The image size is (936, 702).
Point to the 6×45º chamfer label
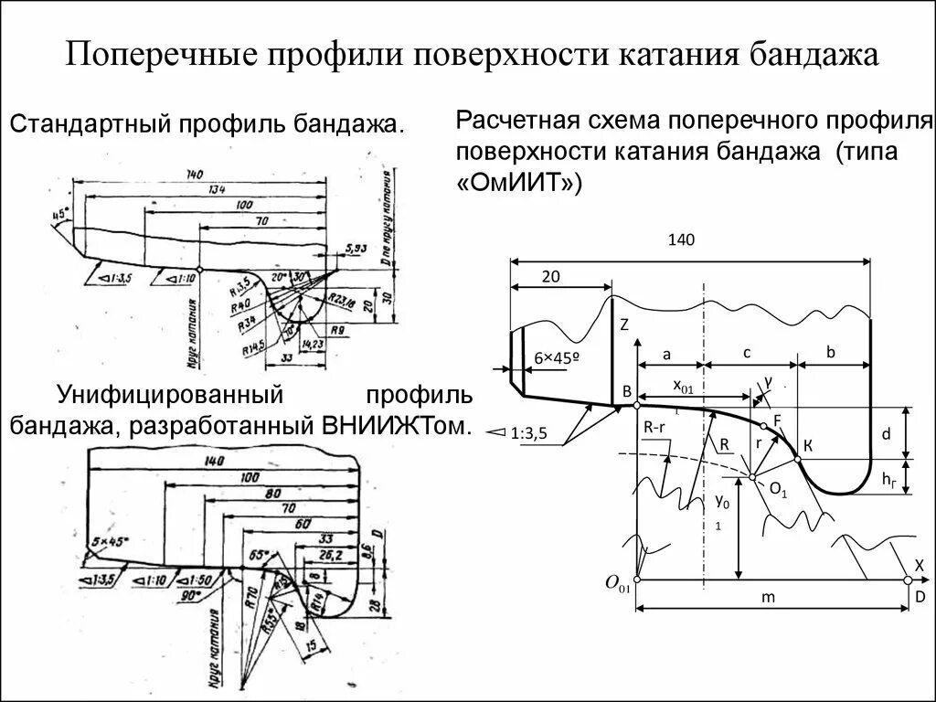(558, 358)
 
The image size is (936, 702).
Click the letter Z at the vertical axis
(624, 324)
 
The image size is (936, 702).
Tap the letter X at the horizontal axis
(919, 564)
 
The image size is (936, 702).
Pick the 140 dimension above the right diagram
(682, 240)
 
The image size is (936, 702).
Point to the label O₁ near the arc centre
(778, 490)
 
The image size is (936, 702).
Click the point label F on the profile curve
(777, 420)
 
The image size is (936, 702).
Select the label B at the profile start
(627, 392)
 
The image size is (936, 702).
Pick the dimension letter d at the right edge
(886, 436)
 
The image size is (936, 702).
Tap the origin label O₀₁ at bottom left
(619, 582)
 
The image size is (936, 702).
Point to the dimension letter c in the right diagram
(747, 352)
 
